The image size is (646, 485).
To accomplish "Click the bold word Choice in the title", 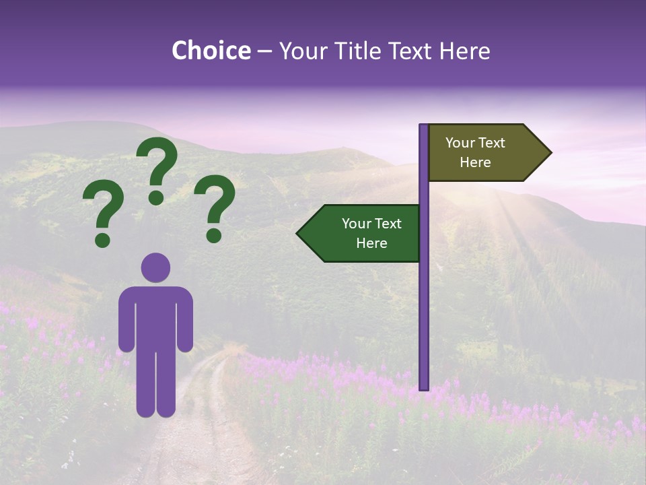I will [x=211, y=51].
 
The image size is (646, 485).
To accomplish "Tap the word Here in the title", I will [x=464, y=51].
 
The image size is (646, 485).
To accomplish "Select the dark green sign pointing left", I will [x=363, y=233].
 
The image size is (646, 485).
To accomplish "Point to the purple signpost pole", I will [x=424, y=303].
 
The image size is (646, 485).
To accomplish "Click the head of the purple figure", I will [x=156, y=267].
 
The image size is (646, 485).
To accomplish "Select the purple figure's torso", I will [x=156, y=317].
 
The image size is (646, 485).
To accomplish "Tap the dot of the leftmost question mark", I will [x=103, y=239].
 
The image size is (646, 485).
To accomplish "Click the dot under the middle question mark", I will [x=156, y=197].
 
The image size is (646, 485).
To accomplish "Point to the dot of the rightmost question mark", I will [x=214, y=235].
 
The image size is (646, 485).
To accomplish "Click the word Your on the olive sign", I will [x=460, y=143].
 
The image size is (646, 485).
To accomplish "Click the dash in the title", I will [x=264, y=52].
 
